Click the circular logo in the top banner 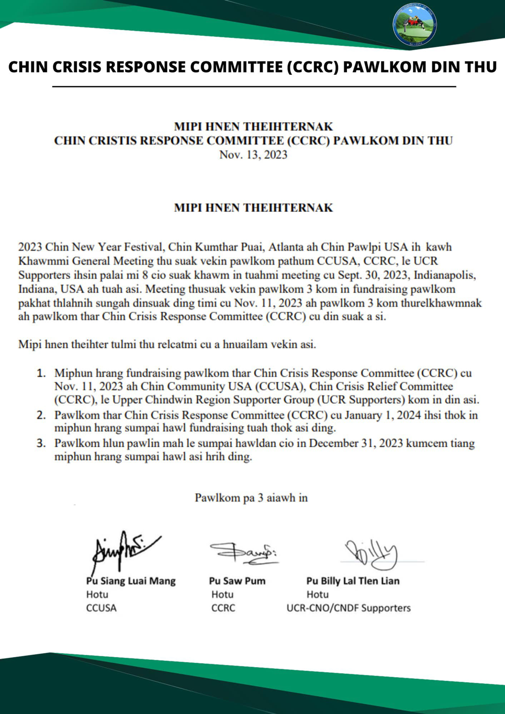point(415,24)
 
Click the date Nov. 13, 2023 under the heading point(253,155)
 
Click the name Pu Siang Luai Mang point(131,581)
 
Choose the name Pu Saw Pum point(237,581)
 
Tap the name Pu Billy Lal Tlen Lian point(352,581)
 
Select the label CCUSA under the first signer point(101,608)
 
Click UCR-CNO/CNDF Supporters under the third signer point(348,608)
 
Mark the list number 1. point(41,373)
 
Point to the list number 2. point(41,415)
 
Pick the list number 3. point(41,443)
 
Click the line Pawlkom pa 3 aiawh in point(251,498)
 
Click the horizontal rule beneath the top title point(254,87)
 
